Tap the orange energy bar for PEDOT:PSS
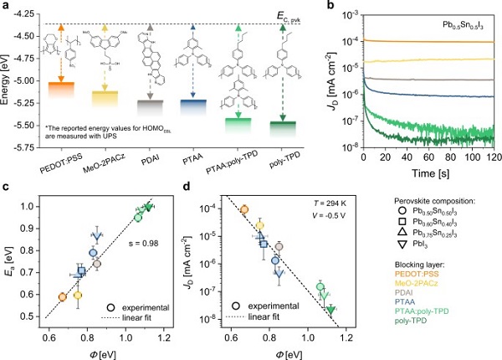pyautogui.click(x=61, y=88)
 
